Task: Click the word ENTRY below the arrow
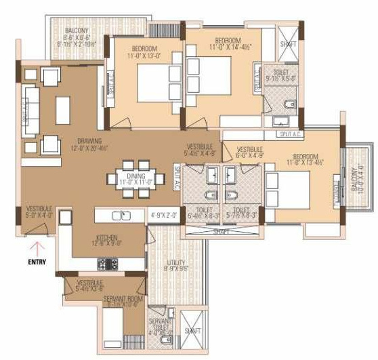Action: point(37,258)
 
